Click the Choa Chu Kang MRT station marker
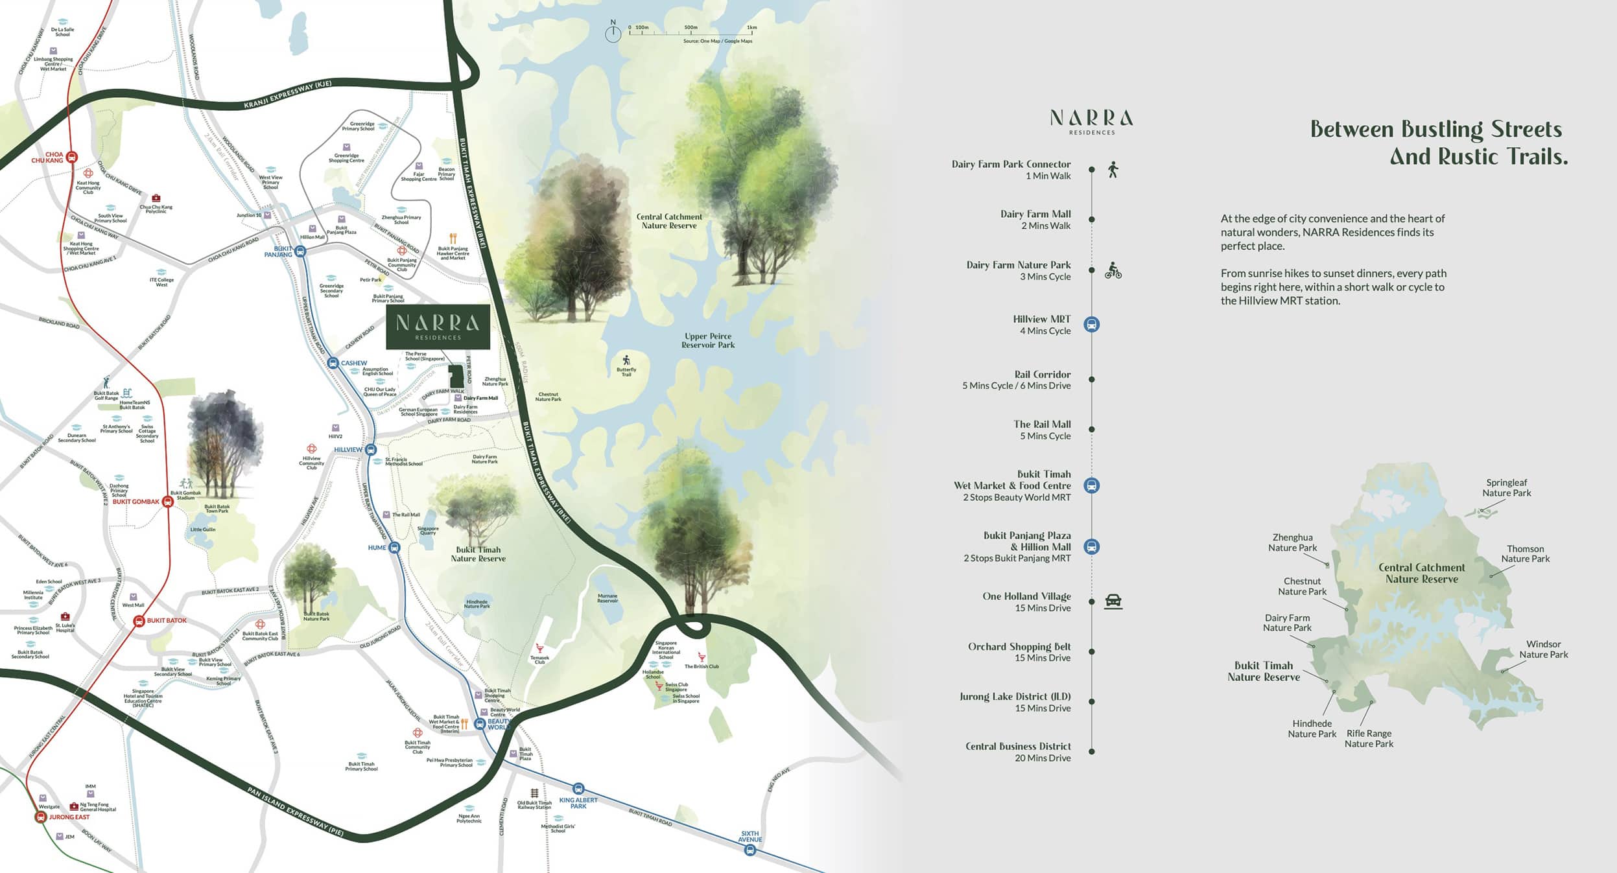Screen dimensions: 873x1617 (72, 157)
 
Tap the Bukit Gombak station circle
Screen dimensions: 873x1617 (167, 502)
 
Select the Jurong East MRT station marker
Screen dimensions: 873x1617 (41, 817)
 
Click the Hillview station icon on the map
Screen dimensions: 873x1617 (371, 450)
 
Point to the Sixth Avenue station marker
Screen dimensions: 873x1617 (750, 850)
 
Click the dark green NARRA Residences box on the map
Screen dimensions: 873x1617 (438, 327)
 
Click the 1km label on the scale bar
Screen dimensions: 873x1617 (751, 28)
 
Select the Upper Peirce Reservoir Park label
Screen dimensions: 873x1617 (707, 340)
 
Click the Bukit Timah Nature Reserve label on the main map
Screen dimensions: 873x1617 (478, 554)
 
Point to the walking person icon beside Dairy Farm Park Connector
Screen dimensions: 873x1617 (1113, 170)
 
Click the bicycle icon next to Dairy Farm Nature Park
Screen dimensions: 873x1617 (1113, 271)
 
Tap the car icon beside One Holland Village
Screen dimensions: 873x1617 (1113, 601)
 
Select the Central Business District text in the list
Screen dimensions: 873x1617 (1018, 746)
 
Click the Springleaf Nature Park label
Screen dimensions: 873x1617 (1506, 487)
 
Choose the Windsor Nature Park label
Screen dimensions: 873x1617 (1543, 649)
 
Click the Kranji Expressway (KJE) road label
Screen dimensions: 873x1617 (288, 95)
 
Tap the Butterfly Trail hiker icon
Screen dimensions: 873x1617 (626, 360)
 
